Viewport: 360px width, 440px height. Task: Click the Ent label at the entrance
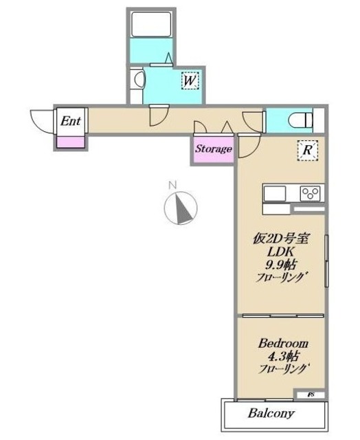(71, 121)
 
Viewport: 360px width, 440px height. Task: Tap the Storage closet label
(213, 148)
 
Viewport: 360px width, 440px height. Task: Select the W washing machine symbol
(190, 81)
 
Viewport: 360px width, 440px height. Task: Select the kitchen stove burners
(308, 192)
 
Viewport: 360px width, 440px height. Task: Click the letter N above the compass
(174, 184)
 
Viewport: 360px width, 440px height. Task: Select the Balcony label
(271, 414)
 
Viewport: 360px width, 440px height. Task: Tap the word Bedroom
(282, 342)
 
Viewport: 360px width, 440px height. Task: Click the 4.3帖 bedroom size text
(282, 356)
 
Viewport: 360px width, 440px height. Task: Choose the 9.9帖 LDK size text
(282, 265)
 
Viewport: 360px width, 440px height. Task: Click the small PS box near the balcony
(302, 395)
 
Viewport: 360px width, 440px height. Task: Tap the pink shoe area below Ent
(71, 142)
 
